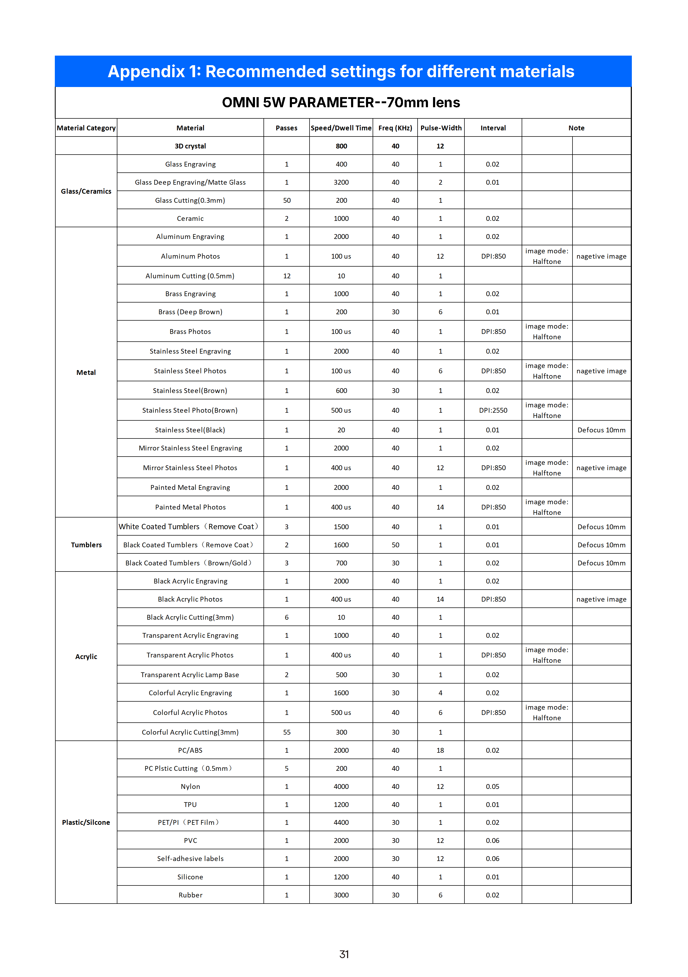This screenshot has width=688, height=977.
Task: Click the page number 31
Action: pyautogui.click(x=344, y=954)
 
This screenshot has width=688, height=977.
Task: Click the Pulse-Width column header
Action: pyautogui.click(x=441, y=128)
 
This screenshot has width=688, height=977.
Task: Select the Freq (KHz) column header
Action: pyautogui.click(x=395, y=128)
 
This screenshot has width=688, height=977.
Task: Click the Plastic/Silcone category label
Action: pyautogui.click(x=86, y=822)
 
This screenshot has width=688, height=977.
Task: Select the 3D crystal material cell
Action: pyautogui.click(x=190, y=146)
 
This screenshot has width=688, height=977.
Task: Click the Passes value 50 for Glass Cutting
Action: pyautogui.click(x=287, y=200)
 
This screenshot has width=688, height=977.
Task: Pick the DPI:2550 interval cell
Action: pyautogui.click(x=493, y=411)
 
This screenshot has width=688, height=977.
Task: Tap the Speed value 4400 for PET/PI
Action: pyautogui.click(x=341, y=822)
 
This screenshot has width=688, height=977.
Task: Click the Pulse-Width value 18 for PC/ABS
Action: pyautogui.click(x=440, y=751)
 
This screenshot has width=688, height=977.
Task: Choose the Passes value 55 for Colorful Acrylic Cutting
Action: pyautogui.click(x=287, y=732)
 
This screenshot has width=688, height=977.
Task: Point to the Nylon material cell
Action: pyautogui.click(x=190, y=787)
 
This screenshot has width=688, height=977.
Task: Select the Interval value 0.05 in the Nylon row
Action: pyautogui.click(x=493, y=787)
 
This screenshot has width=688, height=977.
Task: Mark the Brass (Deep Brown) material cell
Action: pyautogui.click(x=190, y=312)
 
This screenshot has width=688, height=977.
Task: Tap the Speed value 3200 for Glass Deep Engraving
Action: pyautogui.click(x=341, y=183)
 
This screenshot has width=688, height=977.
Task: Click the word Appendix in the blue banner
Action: pyautogui.click(x=146, y=72)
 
